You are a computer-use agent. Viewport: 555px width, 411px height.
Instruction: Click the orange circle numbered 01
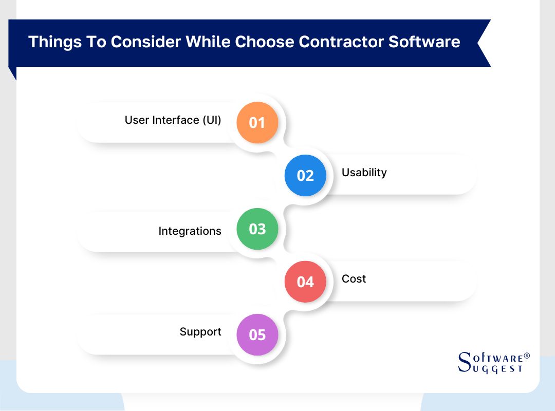click(x=257, y=123)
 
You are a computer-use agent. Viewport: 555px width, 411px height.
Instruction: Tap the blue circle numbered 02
click(x=305, y=176)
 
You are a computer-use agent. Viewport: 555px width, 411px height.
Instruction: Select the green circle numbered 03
click(x=257, y=229)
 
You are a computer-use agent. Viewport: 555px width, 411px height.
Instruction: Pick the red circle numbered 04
click(x=305, y=282)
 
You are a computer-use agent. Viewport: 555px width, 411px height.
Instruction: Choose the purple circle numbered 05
click(x=257, y=335)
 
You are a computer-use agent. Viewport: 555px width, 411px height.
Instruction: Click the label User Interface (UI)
click(x=173, y=120)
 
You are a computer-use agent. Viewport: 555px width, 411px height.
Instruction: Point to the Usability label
click(x=364, y=173)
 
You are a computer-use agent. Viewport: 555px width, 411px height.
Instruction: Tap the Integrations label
click(x=190, y=231)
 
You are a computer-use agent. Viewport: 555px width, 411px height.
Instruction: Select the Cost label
click(x=354, y=279)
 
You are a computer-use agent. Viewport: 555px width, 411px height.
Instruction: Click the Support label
click(x=200, y=332)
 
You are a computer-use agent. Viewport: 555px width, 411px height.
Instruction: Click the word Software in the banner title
click(x=424, y=42)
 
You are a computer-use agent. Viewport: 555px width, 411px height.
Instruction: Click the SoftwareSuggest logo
click(x=492, y=363)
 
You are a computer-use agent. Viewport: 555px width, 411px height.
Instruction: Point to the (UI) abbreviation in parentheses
click(x=211, y=120)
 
